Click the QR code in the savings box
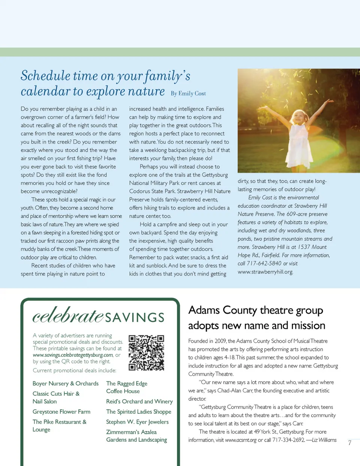coord(146,353)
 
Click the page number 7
coord(349,443)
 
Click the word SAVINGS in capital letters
coord(135,318)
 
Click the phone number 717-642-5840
coord(264,264)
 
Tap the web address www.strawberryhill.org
coord(265,272)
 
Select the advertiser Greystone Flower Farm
coord(61,412)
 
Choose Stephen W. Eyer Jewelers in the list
coord(137,422)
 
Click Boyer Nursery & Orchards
coord(66,384)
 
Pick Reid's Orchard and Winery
coord(139,402)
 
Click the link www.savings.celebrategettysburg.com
coord(73,355)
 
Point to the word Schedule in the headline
coord(45,76)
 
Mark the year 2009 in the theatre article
coord(220,341)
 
